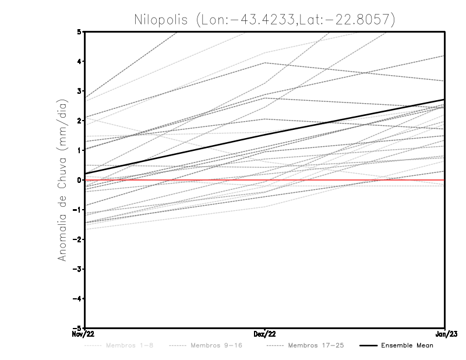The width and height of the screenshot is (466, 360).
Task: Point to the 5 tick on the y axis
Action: [x=79, y=31]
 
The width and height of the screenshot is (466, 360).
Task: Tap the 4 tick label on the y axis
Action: [x=79, y=61]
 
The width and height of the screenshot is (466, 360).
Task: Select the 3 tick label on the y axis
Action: [x=79, y=91]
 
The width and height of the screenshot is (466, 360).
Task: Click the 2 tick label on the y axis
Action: [x=79, y=121]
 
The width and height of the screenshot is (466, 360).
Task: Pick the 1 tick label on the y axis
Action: [x=79, y=150]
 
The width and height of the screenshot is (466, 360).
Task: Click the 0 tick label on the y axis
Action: [x=79, y=180]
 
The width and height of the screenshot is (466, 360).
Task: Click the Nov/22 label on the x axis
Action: [x=84, y=334]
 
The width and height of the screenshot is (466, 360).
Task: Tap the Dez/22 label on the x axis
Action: [x=265, y=334]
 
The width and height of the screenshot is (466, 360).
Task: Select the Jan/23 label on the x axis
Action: [x=444, y=334]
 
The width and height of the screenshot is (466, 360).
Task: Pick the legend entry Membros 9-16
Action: [x=216, y=345]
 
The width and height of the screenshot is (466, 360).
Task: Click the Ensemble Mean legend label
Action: [x=407, y=345]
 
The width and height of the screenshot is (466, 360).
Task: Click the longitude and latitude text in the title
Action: [x=296, y=19]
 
